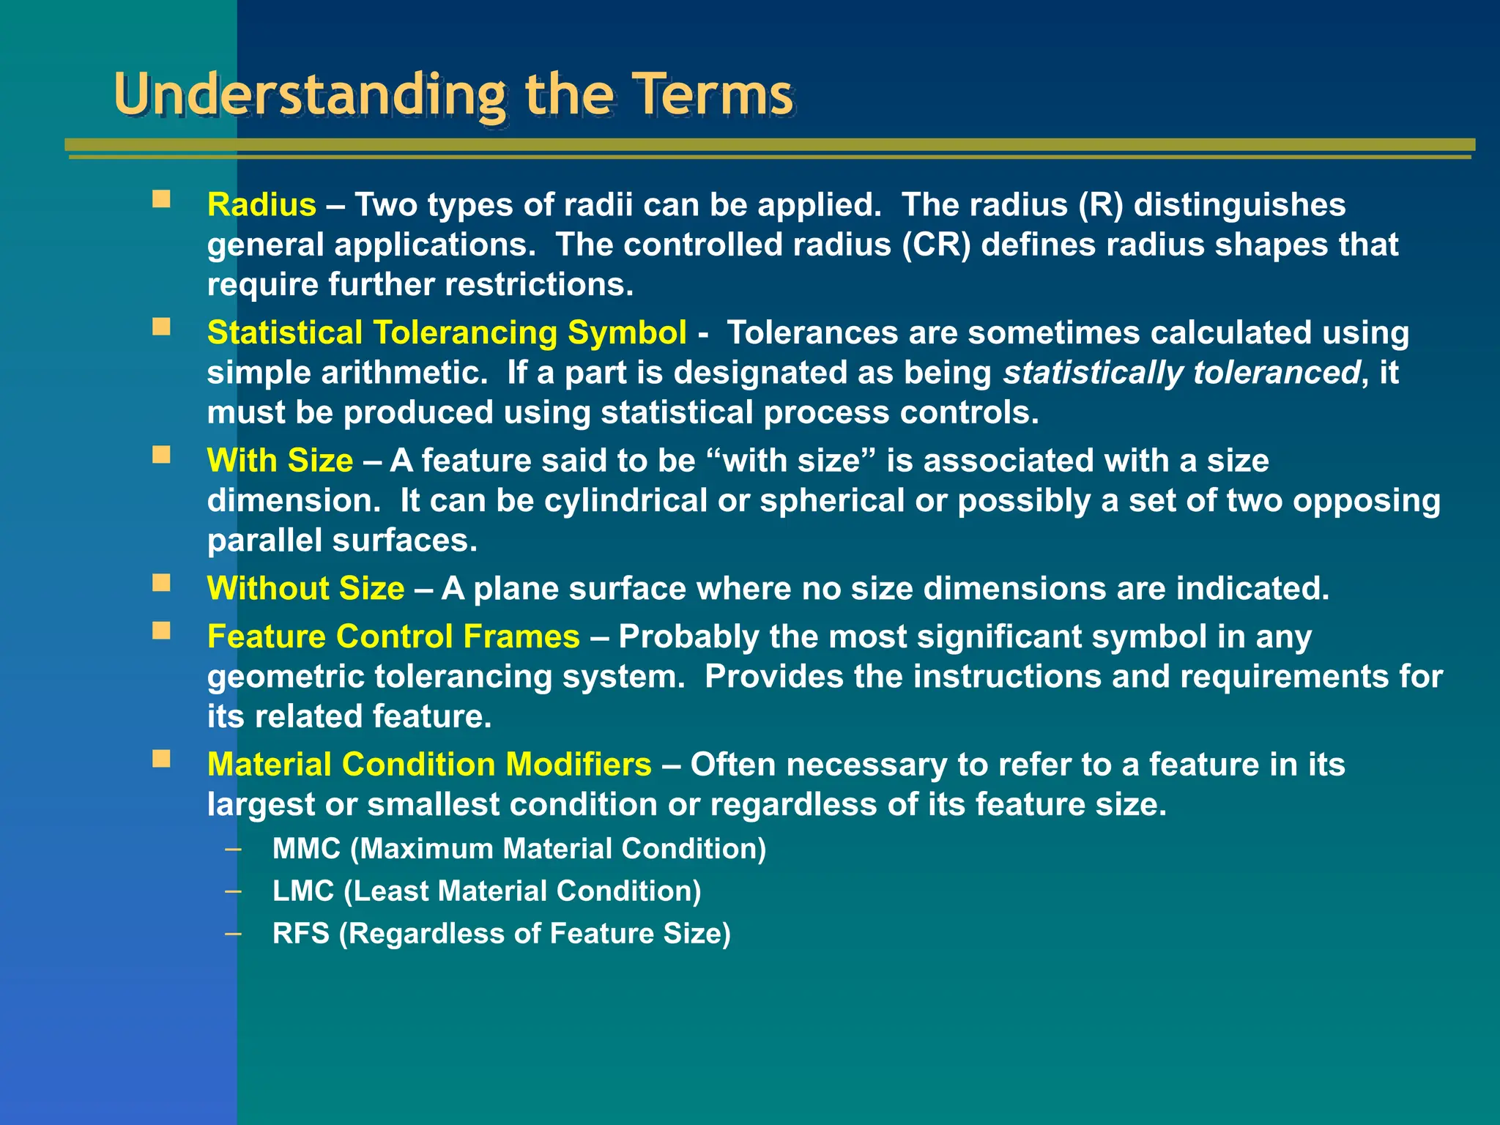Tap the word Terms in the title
(713, 95)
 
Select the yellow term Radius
(261, 204)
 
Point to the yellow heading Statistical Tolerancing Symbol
(447, 333)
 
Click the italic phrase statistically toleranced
(1181, 373)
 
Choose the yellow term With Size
(280, 461)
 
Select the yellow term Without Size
(305, 589)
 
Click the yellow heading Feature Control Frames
(393, 636)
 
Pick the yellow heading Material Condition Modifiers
(429, 765)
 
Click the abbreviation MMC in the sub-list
(306, 849)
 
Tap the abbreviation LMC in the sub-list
(303, 891)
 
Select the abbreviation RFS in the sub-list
(301, 934)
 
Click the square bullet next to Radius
(161, 199)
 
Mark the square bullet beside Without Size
(161, 583)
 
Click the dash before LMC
(233, 891)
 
